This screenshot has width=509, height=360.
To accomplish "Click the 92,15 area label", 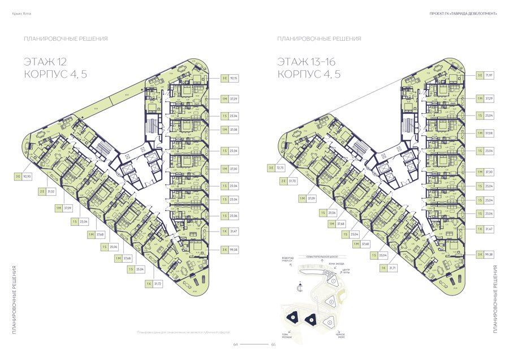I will click(x=232, y=78).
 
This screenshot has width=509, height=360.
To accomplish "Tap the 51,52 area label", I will click(x=51, y=192).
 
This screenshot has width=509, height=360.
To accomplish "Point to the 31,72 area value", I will click(x=157, y=283).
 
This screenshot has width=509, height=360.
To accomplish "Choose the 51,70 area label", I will click(x=292, y=181).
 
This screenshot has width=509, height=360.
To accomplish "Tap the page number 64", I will click(x=236, y=344).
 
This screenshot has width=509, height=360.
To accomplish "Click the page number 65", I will click(x=273, y=344).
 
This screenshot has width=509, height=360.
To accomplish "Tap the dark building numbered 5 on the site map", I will click(x=310, y=320).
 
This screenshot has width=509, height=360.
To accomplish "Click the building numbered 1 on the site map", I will click(x=334, y=281).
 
